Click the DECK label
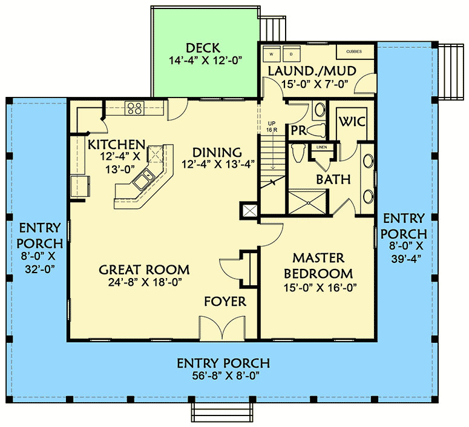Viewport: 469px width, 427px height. [203, 48]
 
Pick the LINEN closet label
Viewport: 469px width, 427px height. [321, 147]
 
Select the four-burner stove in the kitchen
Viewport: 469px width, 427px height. [133, 109]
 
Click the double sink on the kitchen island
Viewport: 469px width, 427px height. [145, 179]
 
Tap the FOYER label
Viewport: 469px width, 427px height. [225, 302]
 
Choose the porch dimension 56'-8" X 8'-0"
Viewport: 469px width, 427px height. [223, 376]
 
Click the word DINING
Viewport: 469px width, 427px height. [217, 152]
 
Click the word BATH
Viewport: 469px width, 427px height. [333, 179]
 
